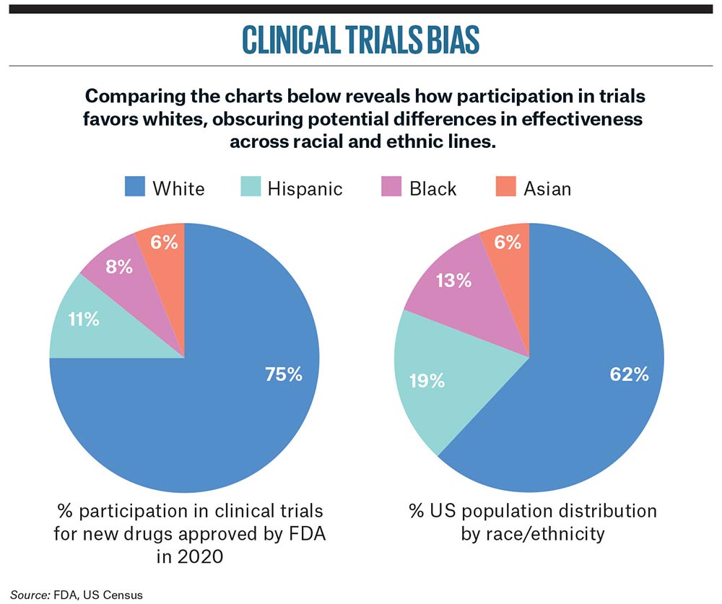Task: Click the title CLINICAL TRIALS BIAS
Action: tap(360, 41)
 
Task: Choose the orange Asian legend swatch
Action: tap(504, 188)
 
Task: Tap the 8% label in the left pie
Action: tap(118, 266)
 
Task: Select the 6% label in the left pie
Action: tap(165, 241)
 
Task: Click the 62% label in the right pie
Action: tap(626, 374)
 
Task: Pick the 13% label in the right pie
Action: tap(453, 280)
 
